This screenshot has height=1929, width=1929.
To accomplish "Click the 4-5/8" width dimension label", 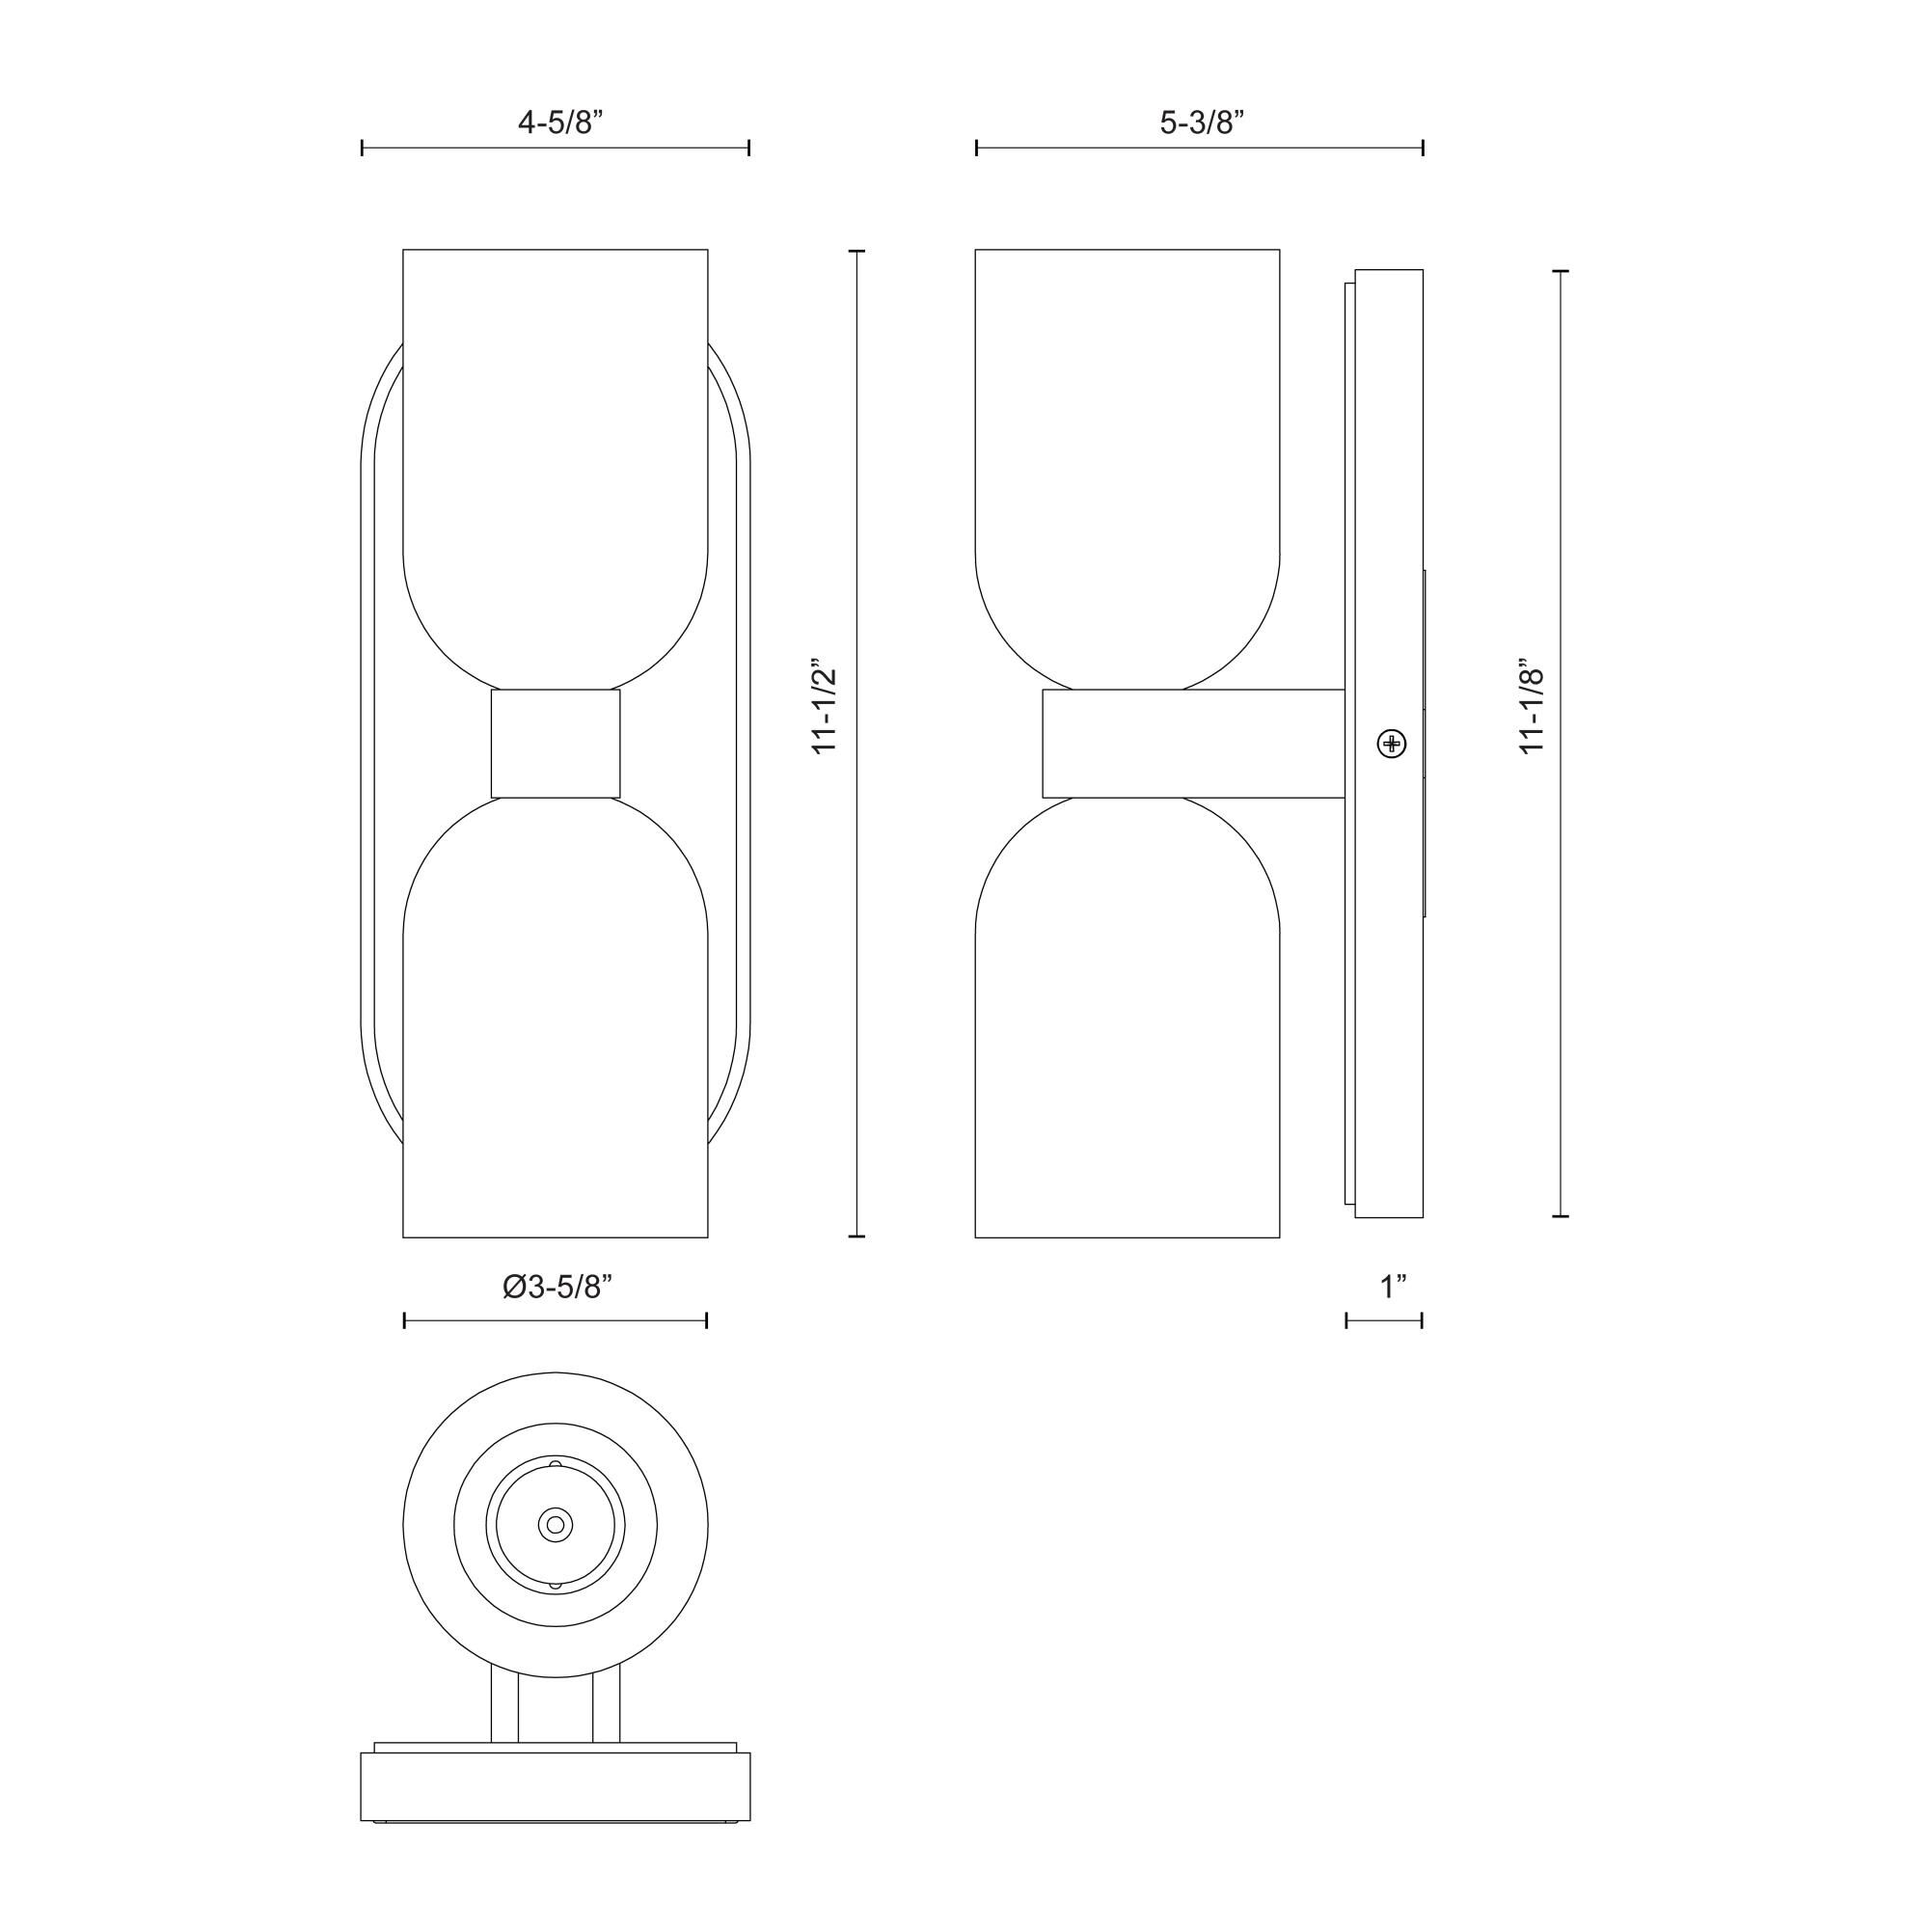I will (x=560, y=122).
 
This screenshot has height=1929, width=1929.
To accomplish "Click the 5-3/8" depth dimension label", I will (x=1202, y=122).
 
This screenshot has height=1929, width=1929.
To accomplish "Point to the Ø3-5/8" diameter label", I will (x=557, y=1287).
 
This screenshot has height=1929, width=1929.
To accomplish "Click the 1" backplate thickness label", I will (x=1393, y=1287).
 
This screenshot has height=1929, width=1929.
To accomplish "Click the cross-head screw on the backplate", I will (x=1391, y=743).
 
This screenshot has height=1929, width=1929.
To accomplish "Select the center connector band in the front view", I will (x=556, y=743).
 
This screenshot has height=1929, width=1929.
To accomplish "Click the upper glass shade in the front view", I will (x=556, y=449).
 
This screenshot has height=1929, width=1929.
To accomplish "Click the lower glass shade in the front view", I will (x=556, y=1028).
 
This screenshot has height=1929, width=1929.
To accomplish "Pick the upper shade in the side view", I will (x=1128, y=449).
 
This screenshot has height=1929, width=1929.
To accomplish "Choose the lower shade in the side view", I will (x=1128, y=1028).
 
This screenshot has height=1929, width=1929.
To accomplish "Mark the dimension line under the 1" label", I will (x=1384, y=1321).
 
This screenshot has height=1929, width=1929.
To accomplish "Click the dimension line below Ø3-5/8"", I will (x=556, y=1321).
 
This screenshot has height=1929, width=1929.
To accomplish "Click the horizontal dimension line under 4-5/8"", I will (x=556, y=149).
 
